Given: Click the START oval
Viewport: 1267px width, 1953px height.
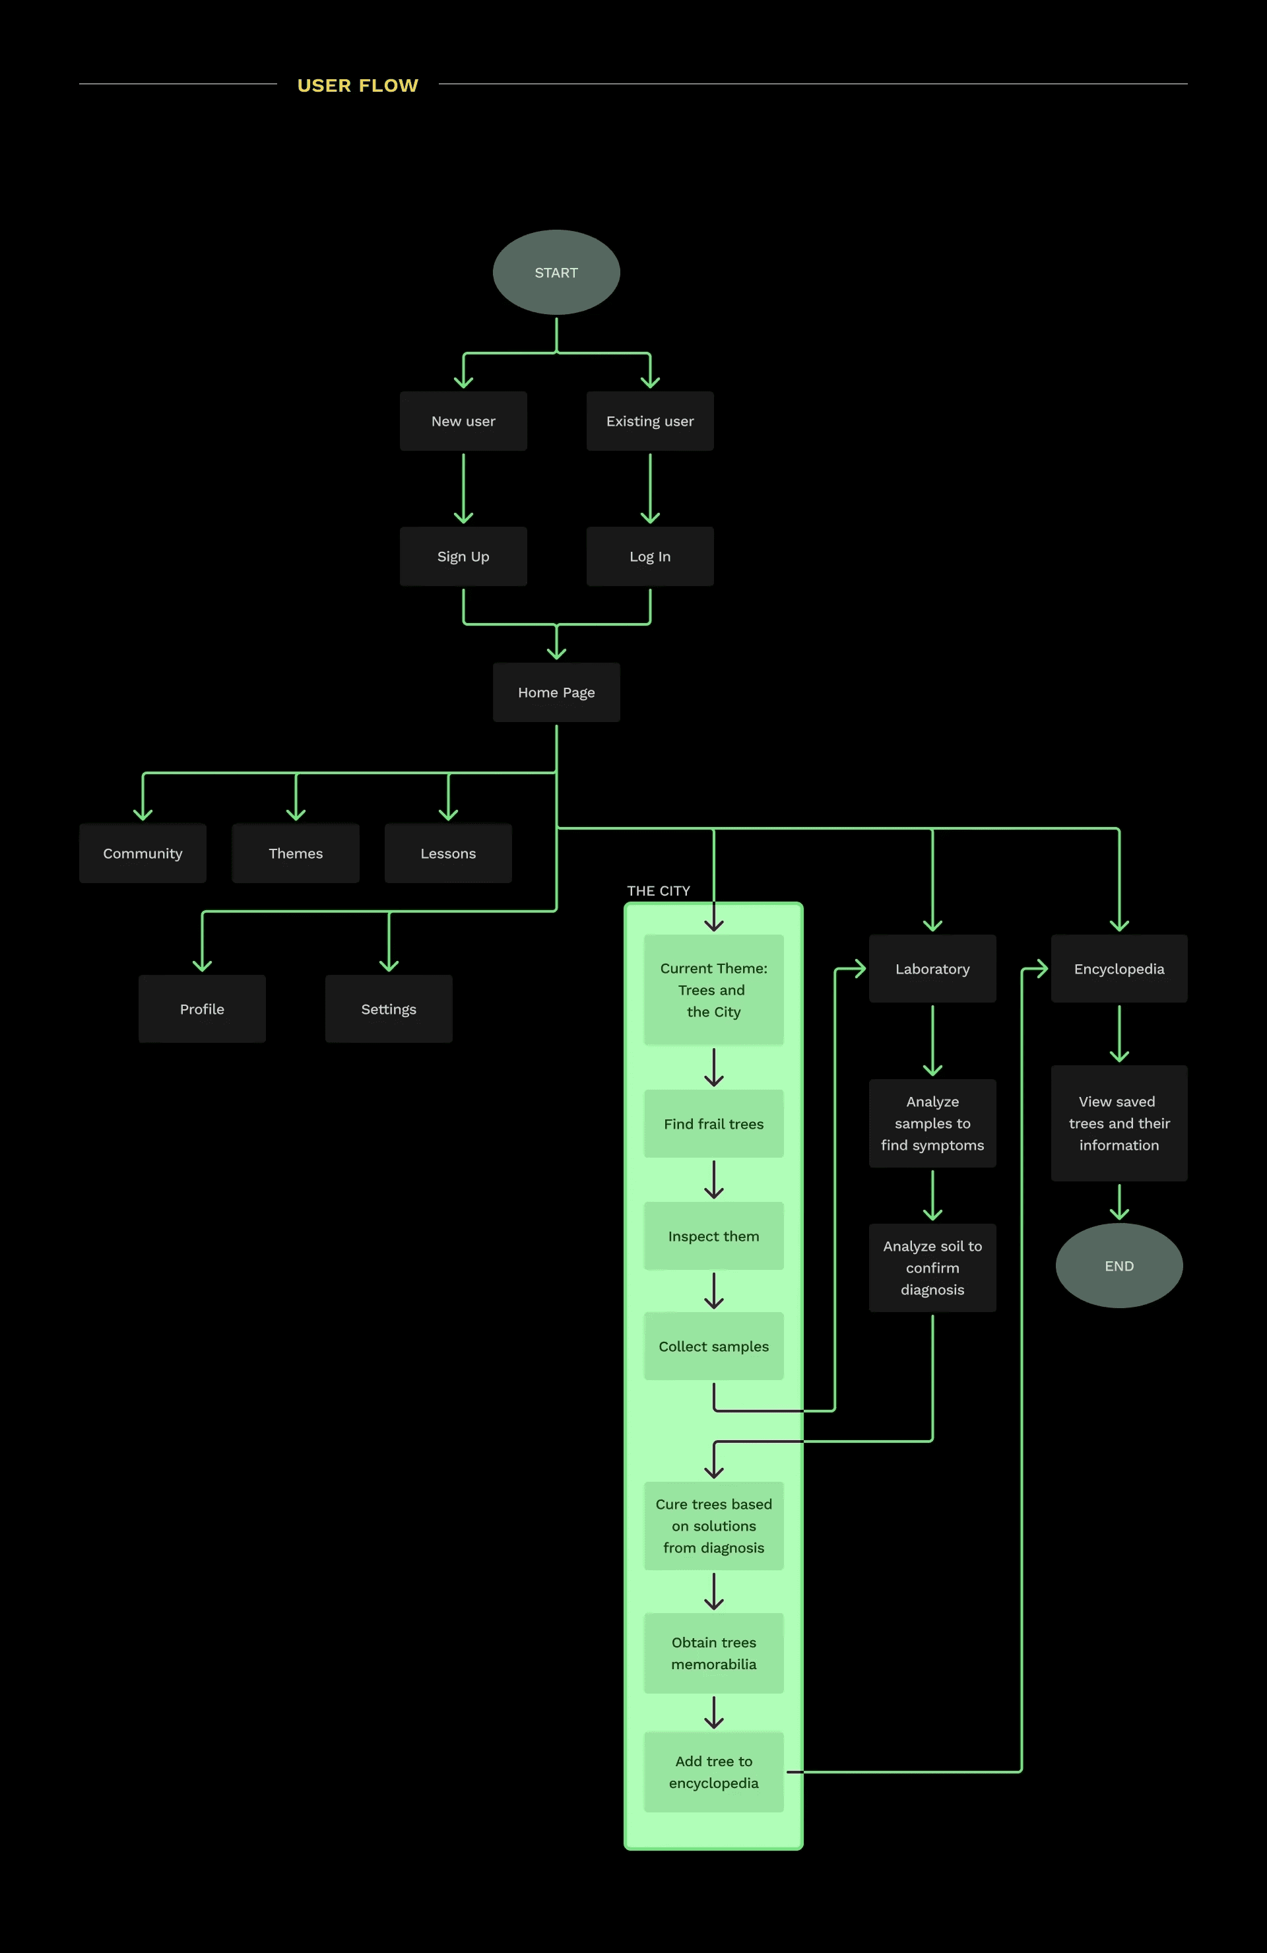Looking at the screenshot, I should point(556,273).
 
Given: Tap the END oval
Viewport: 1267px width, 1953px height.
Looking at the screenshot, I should point(1119,1265).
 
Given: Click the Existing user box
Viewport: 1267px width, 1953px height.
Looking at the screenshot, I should point(650,421).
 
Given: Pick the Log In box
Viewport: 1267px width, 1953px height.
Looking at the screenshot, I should point(650,556).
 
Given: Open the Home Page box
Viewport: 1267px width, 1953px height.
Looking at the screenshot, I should point(556,692).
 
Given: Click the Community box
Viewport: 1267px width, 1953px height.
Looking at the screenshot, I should point(143,853).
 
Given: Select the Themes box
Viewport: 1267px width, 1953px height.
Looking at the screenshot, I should point(296,853).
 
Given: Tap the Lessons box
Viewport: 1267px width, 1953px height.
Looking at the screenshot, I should point(448,853).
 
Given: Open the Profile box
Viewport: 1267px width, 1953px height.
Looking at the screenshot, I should point(202,1009).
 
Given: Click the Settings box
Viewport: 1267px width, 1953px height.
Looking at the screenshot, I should point(389,1009).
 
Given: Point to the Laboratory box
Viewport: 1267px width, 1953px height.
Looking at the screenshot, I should point(932,969).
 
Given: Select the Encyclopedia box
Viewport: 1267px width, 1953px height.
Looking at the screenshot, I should point(1119,969).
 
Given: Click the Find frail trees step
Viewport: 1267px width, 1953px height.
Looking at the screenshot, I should point(713,1124).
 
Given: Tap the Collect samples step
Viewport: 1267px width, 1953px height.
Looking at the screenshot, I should point(713,1346).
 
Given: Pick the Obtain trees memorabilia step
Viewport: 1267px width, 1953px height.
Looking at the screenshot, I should point(713,1653).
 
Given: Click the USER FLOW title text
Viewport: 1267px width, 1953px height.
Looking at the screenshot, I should point(358,85).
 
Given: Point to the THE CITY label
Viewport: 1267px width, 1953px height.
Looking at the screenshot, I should point(658,891).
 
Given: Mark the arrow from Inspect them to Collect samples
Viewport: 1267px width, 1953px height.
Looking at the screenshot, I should point(714,1291).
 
